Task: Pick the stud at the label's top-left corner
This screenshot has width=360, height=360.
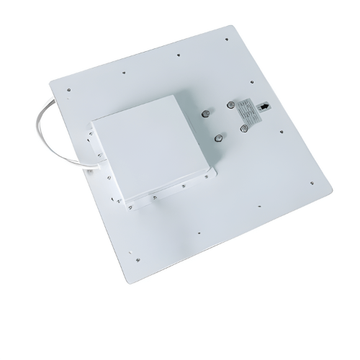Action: click(230, 104)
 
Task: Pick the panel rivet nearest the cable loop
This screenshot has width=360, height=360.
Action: click(68, 89)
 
